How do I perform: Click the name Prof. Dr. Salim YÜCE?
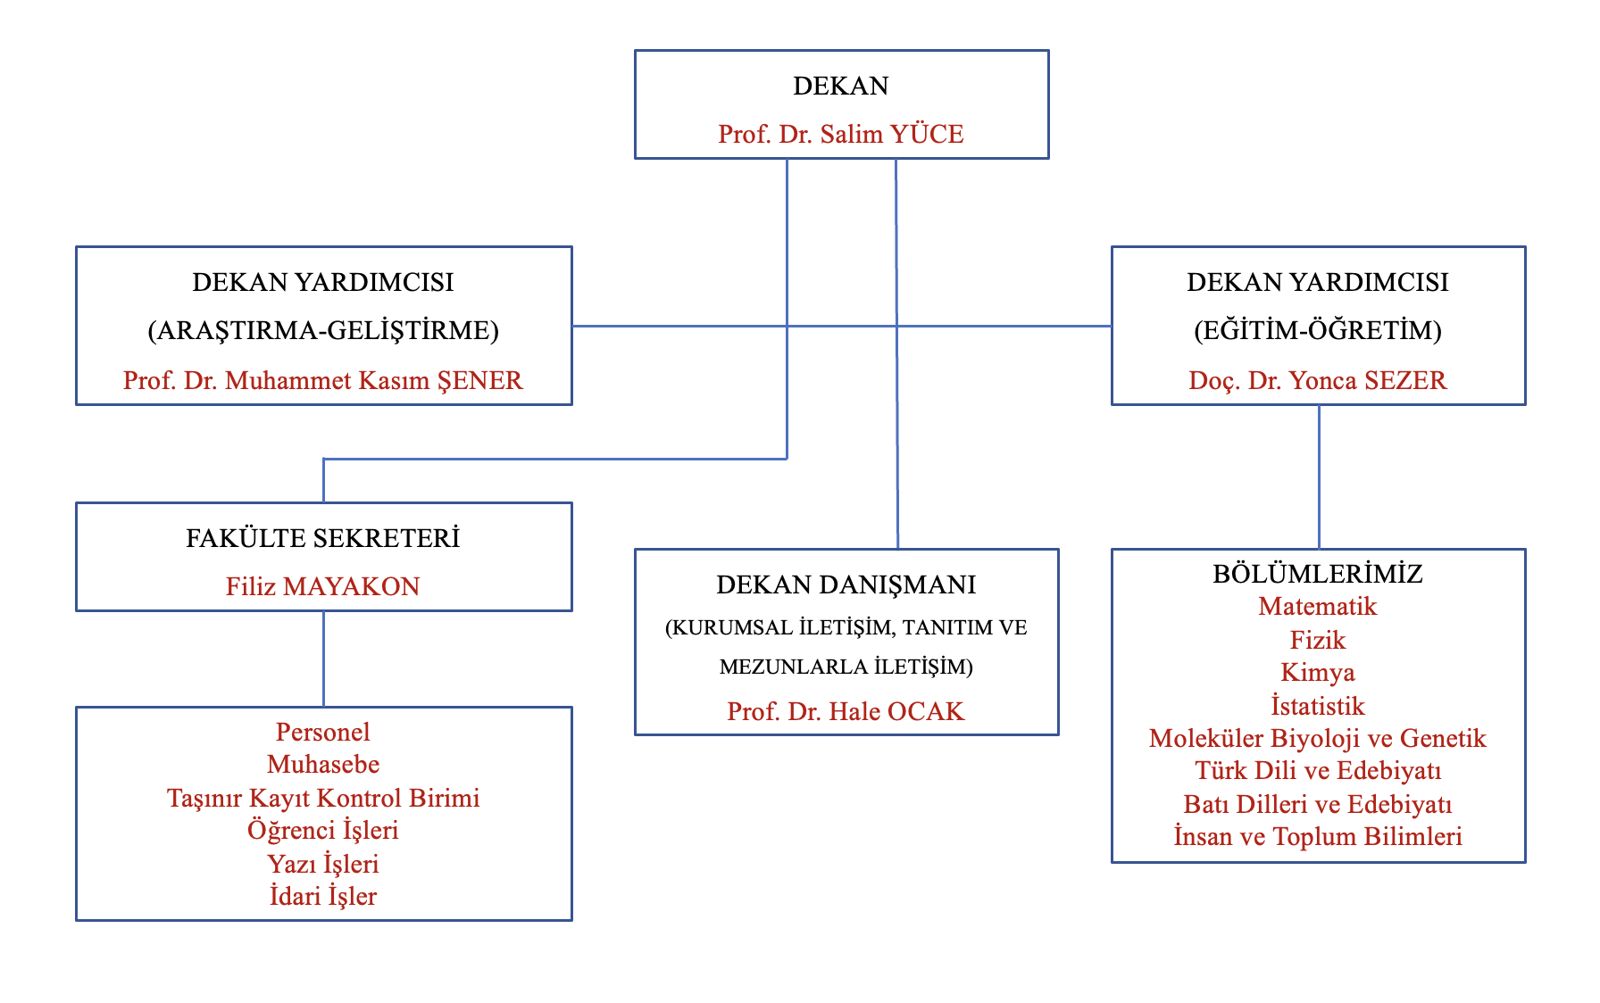point(840,134)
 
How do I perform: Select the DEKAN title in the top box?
point(840,86)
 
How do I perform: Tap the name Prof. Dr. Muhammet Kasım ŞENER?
point(322,380)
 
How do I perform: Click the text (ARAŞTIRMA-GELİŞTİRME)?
point(322,330)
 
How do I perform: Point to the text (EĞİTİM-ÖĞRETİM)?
point(1317,330)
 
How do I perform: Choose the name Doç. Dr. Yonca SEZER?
point(1317,380)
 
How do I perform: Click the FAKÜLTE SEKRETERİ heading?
point(322,538)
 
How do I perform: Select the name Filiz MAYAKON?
point(322,586)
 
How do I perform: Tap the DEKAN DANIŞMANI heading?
point(846,584)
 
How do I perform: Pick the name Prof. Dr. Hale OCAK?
point(846,711)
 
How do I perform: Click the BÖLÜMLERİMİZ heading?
point(1317,574)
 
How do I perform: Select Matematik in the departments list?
point(1317,607)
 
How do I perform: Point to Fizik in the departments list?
point(1317,640)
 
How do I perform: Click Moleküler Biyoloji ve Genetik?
point(1317,738)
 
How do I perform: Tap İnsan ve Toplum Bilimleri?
point(1317,837)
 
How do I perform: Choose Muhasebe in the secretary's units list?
point(322,765)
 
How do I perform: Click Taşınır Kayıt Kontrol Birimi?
point(322,798)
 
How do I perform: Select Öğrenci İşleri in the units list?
point(322,831)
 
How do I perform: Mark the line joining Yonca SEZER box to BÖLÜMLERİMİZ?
point(1319,477)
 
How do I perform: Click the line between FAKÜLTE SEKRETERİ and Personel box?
point(323,659)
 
